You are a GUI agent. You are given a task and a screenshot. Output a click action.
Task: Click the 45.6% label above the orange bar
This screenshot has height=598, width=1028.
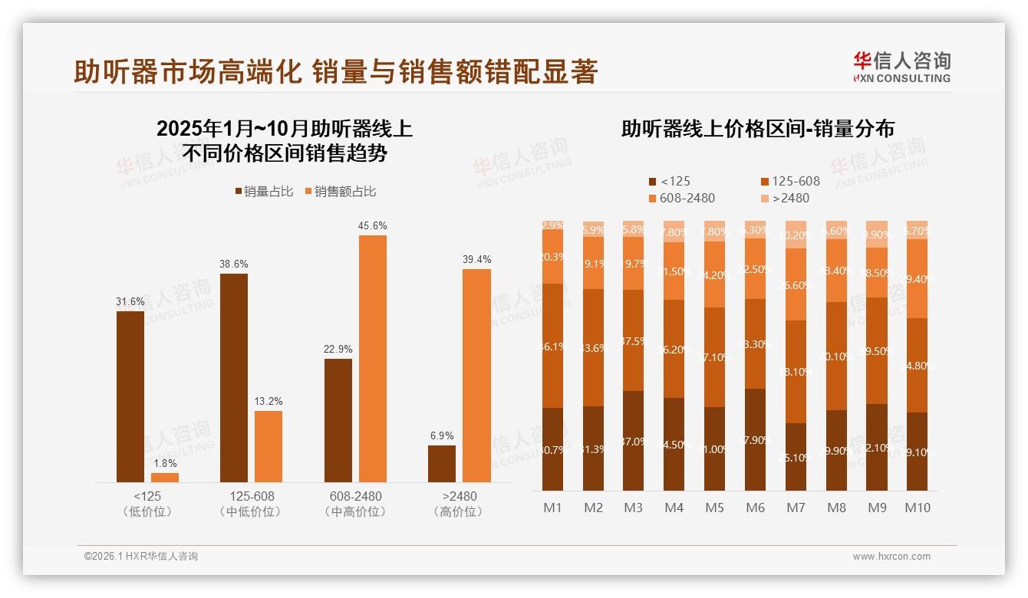click(372, 226)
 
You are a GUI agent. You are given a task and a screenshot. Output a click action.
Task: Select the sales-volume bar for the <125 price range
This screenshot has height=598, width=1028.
click(130, 396)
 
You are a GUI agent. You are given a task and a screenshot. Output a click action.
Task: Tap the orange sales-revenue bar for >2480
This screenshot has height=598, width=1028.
click(476, 376)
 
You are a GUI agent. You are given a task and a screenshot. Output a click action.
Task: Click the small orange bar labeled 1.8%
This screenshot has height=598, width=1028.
click(165, 478)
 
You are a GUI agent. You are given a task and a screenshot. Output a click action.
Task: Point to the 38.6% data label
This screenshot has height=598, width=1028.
click(234, 264)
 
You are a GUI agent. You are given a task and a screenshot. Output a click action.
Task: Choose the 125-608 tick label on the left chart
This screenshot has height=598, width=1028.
click(252, 496)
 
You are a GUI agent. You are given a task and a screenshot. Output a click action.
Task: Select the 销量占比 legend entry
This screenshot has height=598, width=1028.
click(263, 192)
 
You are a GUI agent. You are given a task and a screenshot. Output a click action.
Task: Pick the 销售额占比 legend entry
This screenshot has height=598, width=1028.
click(340, 192)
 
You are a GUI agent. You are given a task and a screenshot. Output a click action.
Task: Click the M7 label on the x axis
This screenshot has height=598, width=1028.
click(796, 508)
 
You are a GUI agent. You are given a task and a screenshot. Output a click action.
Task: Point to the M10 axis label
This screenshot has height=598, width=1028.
click(918, 508)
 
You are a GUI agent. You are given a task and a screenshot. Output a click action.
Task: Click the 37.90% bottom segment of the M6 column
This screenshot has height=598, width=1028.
click(756, 439)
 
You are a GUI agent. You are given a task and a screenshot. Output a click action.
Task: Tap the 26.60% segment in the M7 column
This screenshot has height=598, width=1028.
click(796, 284)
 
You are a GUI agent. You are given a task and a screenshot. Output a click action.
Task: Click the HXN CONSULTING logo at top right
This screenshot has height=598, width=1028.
click(901, 67)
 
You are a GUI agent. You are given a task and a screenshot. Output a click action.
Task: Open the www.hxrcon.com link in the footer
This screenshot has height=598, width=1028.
click(891, 557)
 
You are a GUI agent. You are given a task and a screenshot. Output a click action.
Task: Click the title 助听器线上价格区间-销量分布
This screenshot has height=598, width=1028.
click(757, 129)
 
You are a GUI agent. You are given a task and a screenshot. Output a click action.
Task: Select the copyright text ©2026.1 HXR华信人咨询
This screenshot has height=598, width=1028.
click(140, 557)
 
